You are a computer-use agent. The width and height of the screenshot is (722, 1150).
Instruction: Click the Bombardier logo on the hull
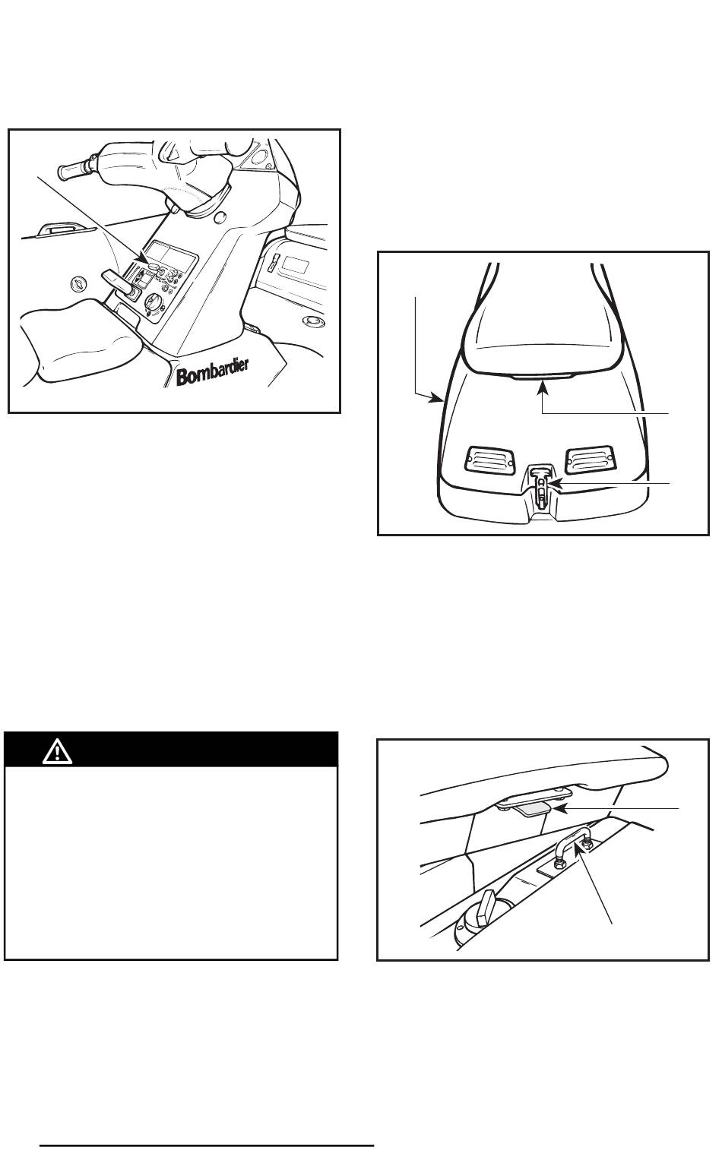pyautogui.click(x=213, y=371)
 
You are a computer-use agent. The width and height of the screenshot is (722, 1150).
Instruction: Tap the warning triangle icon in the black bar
pyautogui.click(x=57, y=752)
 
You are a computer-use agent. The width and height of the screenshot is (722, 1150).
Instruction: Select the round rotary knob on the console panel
pyautogui.click(x=153, y=302)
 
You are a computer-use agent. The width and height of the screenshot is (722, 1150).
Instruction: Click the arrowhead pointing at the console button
pyautogui.click(x=145, y=258)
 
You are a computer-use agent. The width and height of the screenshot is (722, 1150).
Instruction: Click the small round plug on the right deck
pyautogui.click(x=312, y=321)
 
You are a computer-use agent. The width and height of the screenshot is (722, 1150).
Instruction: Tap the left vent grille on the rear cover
pyautogui.click(x=490, y=459)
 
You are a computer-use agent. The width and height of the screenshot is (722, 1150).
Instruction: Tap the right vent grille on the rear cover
pyautogui.click(x=590, y=458)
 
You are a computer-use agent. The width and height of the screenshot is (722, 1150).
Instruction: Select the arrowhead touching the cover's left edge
pyautogui.click(x=435, y=396)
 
